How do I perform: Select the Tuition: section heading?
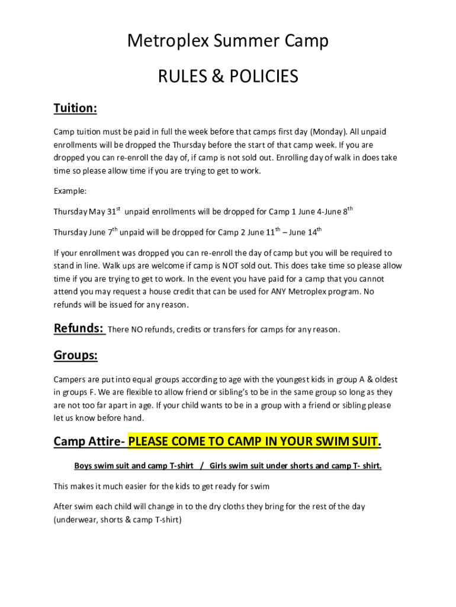point(75,108)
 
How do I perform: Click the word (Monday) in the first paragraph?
point(329,132)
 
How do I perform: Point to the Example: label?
point(70,191)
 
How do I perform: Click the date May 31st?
point(105,212)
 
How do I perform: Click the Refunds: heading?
point(79,328)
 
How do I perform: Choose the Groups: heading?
point(75,356)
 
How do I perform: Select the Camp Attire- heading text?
point(89,442)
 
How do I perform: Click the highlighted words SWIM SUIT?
point(346,442)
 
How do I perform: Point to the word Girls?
point(220,466)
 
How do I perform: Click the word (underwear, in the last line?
point(74,520)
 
